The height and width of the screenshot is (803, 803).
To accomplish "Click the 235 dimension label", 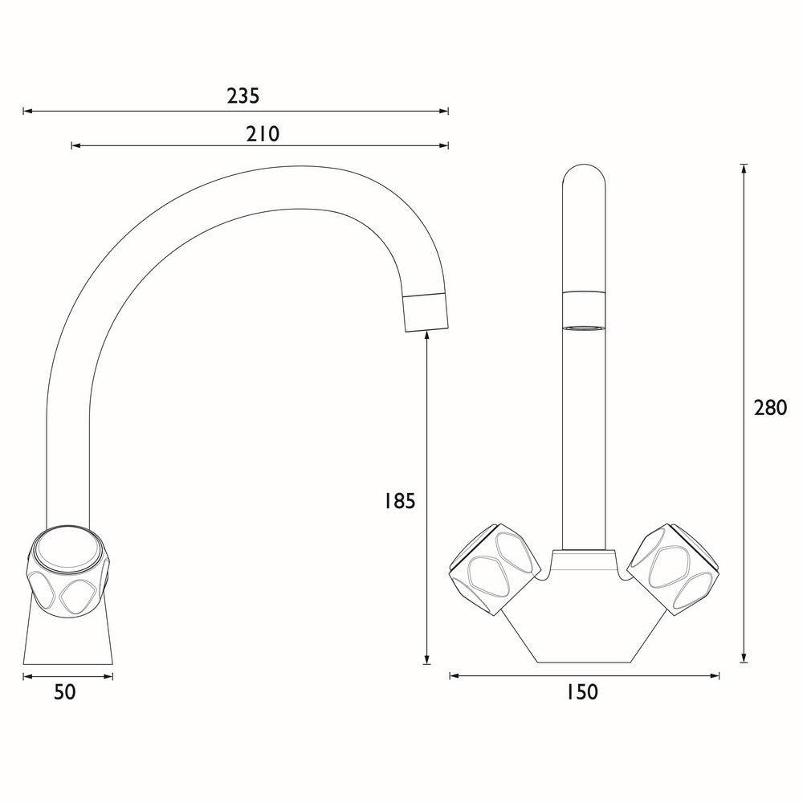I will (x=243, y=96).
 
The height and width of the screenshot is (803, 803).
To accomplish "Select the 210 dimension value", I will (x=262, y=133).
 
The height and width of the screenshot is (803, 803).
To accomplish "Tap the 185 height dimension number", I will (x=400, y=502).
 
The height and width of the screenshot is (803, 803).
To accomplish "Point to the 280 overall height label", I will (x=770, y=408).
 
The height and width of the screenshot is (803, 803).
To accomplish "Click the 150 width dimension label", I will (x=582, y=691).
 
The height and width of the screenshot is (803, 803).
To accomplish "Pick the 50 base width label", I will (x=65, y=691).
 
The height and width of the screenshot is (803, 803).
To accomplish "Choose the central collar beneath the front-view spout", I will (x=584, y=560).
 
